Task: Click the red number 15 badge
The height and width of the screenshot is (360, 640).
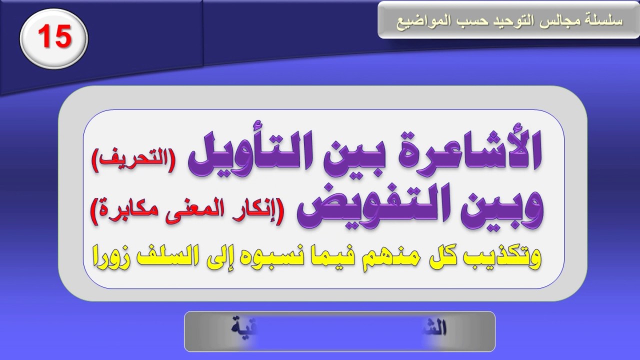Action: (54, 37)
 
